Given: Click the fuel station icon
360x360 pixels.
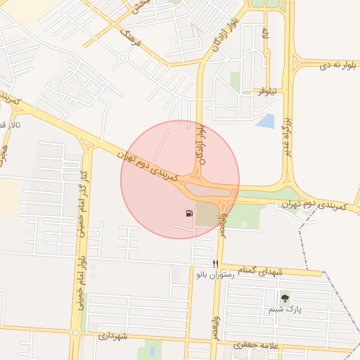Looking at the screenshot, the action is [188, 213].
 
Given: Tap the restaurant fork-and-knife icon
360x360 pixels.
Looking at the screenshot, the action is [216, 263].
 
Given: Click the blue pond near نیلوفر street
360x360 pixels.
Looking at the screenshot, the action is [266, 122].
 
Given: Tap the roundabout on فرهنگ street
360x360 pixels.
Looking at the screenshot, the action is [124, 57].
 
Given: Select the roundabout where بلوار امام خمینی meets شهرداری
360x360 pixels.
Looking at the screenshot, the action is [75, 332].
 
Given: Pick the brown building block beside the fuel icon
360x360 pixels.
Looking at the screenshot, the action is [206, 214].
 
